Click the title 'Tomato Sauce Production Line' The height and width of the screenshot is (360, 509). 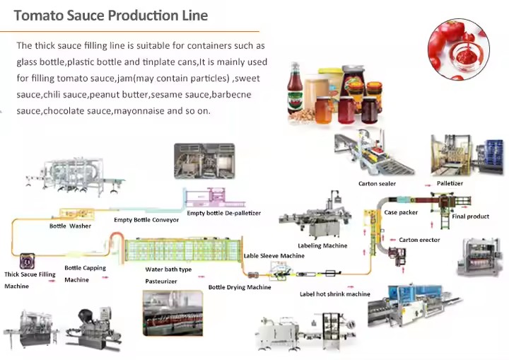pos(111,16)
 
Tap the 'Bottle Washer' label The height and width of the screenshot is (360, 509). pos(70,226)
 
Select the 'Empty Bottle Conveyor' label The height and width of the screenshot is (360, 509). pos(146,220)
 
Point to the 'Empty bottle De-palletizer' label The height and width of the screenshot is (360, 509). pos(224,213)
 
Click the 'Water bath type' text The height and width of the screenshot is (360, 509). pos(168,269)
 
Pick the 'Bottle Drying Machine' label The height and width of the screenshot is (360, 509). pos(240,287)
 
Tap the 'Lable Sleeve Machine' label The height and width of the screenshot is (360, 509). pos(274,256)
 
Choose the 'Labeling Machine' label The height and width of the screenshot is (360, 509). pos(322,246)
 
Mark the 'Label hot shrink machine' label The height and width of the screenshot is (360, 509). pos(334,294)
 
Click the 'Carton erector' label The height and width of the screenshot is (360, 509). pos(419,240)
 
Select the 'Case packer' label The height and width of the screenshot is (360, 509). pos(401,212)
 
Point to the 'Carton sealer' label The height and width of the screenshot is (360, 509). pos(377,184)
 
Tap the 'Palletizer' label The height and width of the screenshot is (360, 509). pos(450,183)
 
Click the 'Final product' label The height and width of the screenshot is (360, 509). pos(471,216)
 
